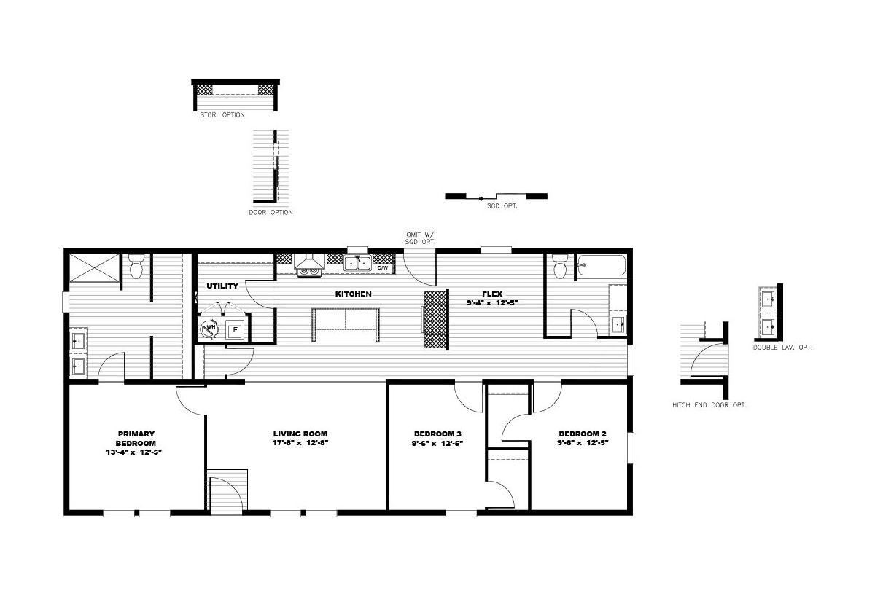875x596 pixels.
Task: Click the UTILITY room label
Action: pos(222,286)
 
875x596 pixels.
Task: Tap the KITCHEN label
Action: pos(353,294)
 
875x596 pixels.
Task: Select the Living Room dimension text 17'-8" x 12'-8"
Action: pos(300,442)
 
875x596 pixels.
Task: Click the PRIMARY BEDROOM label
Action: pos(136,439)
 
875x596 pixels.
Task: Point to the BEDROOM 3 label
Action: pos(437,434)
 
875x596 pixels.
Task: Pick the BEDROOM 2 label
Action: pos(583,434)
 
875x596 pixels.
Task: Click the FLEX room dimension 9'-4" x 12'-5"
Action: pos(491,303)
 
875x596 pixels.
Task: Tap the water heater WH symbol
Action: pos(210,329)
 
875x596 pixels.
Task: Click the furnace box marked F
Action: pos(235,330)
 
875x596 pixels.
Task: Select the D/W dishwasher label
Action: pos(382,267)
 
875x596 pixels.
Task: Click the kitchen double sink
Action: pos(357,263)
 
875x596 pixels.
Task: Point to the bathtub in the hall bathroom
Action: pos(602,265)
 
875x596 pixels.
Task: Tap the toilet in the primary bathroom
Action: pos(136,266)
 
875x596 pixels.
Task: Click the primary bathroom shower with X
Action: pos(95,267)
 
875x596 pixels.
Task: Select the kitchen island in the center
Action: pos(346,325)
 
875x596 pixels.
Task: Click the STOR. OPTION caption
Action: pos(222,114)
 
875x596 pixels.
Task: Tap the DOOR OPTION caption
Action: pos(271,212)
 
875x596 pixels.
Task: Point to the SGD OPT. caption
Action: pos(502,205)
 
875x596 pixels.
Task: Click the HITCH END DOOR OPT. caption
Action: pos(709,405)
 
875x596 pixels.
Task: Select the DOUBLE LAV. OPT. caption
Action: pos(782,348)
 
